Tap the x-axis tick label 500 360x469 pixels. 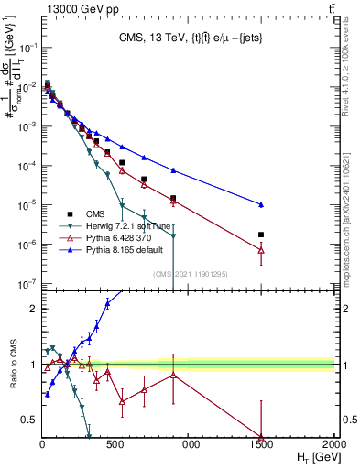(x=115, y=445)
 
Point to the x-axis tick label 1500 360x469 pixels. (x=261, y=445)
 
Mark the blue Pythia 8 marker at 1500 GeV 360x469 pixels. (x=261, y=204)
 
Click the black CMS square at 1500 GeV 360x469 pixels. (x=261, y=234)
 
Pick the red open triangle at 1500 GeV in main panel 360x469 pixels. (x=261, y=249)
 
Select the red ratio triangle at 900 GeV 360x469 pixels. (x=173, y=376)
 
